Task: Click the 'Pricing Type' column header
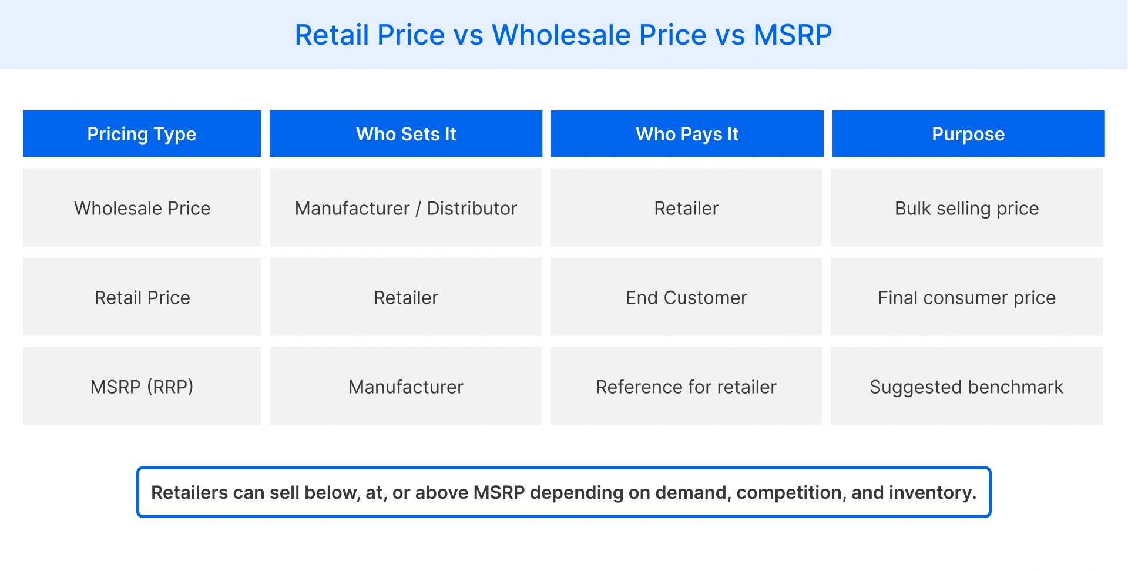(142, 134)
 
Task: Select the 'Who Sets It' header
(406, 134)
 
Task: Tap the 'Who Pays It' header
(687, 134)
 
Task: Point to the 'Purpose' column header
(968, 134)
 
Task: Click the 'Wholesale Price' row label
(142, 209)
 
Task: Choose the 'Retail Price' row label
(142, 298)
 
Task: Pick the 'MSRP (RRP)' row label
(142, 387)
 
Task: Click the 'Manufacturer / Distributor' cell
(406, 209)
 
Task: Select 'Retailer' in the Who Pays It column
(686, 209)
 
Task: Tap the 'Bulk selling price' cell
(966, 209)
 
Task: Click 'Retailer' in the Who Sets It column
(406, 298)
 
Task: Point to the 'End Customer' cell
(686, 298)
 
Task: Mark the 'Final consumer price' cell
(966, 298)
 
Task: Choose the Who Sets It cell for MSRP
(406, 387)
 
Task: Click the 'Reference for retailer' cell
(686, 387)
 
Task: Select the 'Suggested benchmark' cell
(966, 387)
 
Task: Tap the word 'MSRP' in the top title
(793, 35)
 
